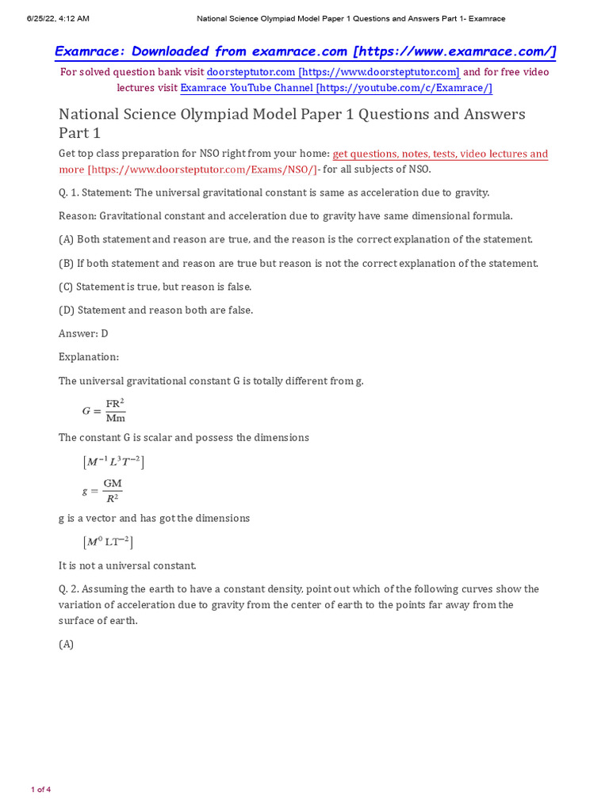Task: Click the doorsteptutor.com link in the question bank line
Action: click(333, 72)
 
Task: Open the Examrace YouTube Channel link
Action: click(336, 88)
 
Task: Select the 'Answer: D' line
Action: click(83, 333)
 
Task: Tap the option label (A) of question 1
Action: click(67, 239)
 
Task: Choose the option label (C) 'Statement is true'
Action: click(67, 287)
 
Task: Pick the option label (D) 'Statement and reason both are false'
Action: click(67, 310)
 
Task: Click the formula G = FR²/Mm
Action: click(104, 410)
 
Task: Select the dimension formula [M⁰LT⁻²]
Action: click(108, 543)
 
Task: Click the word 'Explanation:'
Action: click(89, 357)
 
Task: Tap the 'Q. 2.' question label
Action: click(69, 589)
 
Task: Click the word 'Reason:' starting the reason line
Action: click(78, 215)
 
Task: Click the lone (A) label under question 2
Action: click(67, 645)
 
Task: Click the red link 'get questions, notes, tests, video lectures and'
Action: click(440, 154)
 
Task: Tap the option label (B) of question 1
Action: click(67, 263)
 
